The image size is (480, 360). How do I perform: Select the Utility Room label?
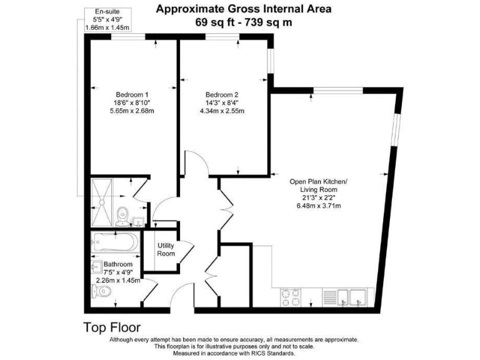pos(166,249)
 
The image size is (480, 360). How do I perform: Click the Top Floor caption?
pos(112,327)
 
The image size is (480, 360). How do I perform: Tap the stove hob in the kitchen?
pos(291,297)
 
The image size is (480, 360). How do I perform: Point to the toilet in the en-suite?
pos(123,214)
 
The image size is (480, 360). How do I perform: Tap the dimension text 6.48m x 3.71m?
pos(322,206)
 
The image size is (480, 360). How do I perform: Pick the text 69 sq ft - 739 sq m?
pos(244,22)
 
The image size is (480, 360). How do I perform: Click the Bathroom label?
pos(118,264)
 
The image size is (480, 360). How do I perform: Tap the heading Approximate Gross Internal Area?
pos(244,9)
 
